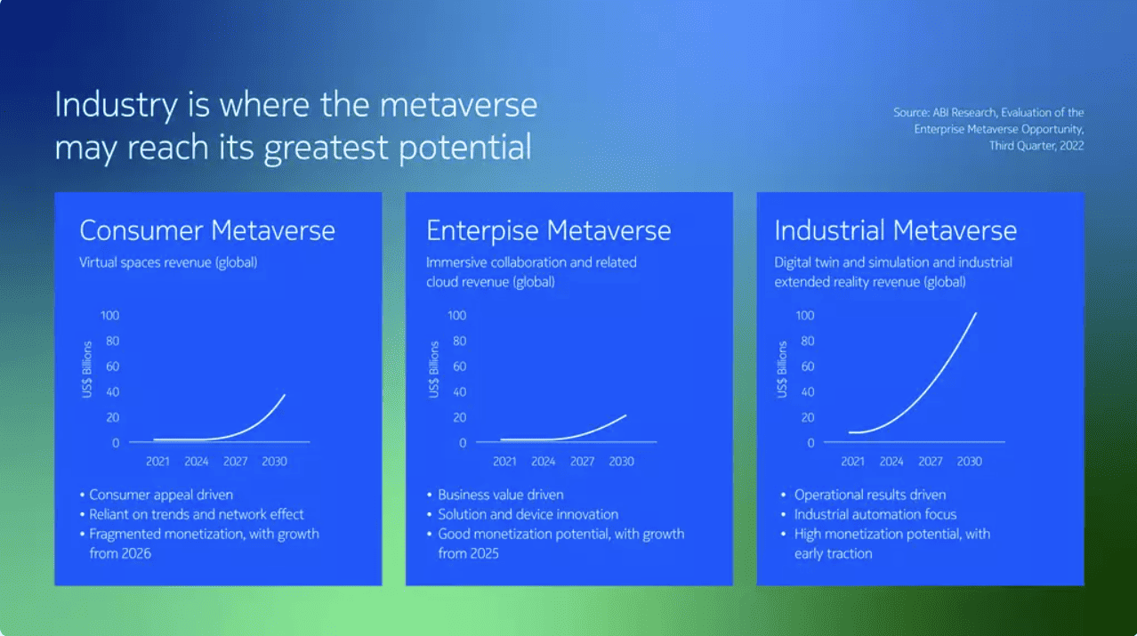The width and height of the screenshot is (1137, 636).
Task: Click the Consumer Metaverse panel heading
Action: [207, 230]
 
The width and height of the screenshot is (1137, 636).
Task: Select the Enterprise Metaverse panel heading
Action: [548, 230]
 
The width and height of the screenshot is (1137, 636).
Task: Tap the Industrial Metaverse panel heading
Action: [895, 230]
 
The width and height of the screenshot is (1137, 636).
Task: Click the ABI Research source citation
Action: [988, 129]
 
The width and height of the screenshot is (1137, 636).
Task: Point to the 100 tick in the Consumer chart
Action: [109, 316]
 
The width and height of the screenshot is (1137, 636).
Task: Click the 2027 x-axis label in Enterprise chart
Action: [582, 462]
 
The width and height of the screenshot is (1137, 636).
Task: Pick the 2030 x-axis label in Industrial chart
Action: [969, 462]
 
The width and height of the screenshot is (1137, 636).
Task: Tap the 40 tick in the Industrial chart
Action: [807, 392]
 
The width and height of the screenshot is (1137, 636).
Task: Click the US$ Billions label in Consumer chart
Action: [87, 369]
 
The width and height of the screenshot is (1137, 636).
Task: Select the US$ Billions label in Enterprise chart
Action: [434, 369]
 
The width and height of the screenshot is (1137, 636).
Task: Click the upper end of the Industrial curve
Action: [975, 314]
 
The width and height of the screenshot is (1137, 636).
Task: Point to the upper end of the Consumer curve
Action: [284, 395]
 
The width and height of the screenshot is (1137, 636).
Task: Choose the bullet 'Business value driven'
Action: [500, 495]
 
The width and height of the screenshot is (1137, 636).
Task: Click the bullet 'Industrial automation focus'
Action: [875, 514]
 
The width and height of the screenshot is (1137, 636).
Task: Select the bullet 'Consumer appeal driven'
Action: [161, 495]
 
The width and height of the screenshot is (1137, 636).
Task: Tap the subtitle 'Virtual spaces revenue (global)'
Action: [168, 262]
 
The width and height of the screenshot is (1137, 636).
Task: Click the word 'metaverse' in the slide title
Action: [457, 105]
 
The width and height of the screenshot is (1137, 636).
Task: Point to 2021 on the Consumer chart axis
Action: [158, 462]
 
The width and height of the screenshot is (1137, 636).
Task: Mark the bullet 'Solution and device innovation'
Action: [528, 514]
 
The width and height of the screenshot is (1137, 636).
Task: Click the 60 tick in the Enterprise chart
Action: [459, 366]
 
